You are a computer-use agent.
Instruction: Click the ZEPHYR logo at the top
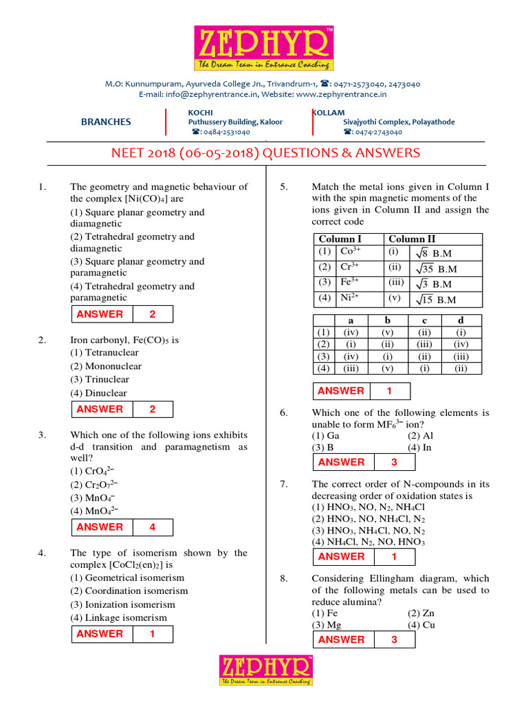(x=264, y=48)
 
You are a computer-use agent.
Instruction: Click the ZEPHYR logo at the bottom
(x=265, y=670)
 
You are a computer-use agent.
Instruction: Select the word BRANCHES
(x=106, y=122)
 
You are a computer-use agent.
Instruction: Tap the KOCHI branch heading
(x=200, y=112)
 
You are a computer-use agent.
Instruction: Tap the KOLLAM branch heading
(x=329, y=112)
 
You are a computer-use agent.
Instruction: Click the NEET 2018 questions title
(x=265, y=153)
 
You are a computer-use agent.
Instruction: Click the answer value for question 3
(x=152, y=527)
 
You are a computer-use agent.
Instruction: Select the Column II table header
(x=412, y=239)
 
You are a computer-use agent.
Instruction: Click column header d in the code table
(x=461, y=320)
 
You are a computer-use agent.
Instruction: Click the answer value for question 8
(x=394, y=639)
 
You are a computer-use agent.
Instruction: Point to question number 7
(x=283, y=483)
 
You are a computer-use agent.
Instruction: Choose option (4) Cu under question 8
(x=421, y=625)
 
